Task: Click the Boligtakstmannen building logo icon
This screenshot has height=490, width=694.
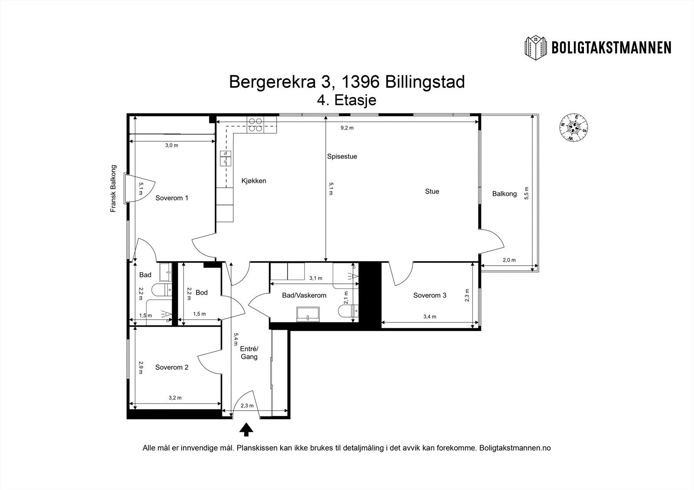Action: click(x=536, y=47)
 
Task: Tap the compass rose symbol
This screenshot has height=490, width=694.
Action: click(x=573, y=127)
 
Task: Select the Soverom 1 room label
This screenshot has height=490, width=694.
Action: click(x=172, y=198)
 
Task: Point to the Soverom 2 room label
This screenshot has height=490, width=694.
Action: click(x=172, y=367)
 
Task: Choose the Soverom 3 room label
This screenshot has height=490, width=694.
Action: click(x=429, y=295)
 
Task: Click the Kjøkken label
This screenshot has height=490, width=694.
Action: click(x=254, y=181)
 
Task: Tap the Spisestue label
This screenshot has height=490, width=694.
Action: click(x=342, y=156)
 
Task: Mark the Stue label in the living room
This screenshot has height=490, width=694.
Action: click(x=432, y=191)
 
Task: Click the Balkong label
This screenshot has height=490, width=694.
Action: click(x=504, y=194)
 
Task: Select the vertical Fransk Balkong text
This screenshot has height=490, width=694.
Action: click(x=114, y=188)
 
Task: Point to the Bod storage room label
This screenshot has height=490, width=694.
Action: click(x=202, y=292)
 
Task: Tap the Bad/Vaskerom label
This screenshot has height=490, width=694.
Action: click(x=304, y=295)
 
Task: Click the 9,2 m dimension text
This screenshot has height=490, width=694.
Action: click(x=347, y=128)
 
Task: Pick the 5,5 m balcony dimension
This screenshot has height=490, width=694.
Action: click(x=527, y=193)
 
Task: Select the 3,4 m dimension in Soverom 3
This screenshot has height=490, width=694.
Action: click(x=429, y=317)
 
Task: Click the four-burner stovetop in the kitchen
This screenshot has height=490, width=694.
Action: click(x=255, y=125)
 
